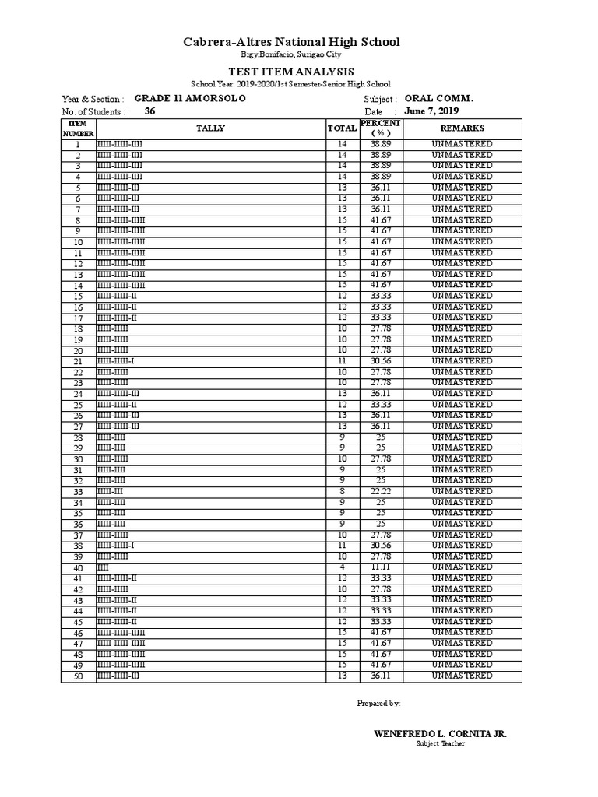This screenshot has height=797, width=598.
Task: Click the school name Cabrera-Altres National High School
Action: click(x=291, y=42)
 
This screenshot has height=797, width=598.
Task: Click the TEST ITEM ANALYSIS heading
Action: click(x=291, y=72)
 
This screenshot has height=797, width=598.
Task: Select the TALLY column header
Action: click(x=210, y=128)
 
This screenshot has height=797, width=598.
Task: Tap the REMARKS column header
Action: click(x=462, y=128)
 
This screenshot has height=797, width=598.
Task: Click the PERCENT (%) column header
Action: click(x=380, y=128)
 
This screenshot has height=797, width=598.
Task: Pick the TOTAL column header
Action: click(x=342, y=128)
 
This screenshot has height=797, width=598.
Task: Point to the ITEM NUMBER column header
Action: click(x=78, y=128)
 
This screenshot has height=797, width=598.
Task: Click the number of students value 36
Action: click(x=150, y=111)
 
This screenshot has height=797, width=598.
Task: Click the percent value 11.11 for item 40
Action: click(x=380, y=567)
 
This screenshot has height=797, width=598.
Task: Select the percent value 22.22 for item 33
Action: click(x=380, y=492)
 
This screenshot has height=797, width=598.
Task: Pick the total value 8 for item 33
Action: click(x=342, y=492)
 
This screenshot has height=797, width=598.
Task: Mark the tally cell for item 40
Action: click(x=210, y=567)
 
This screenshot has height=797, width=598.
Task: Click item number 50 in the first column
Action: click(x=78, y=677)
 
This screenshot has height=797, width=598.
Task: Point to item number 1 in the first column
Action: click(x=78, y=145)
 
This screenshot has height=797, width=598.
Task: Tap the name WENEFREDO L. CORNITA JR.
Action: click(x=441, y=734)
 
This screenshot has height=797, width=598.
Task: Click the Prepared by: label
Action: click(x=378, y=703)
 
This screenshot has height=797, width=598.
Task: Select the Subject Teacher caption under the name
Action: click(x=440, y=744)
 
